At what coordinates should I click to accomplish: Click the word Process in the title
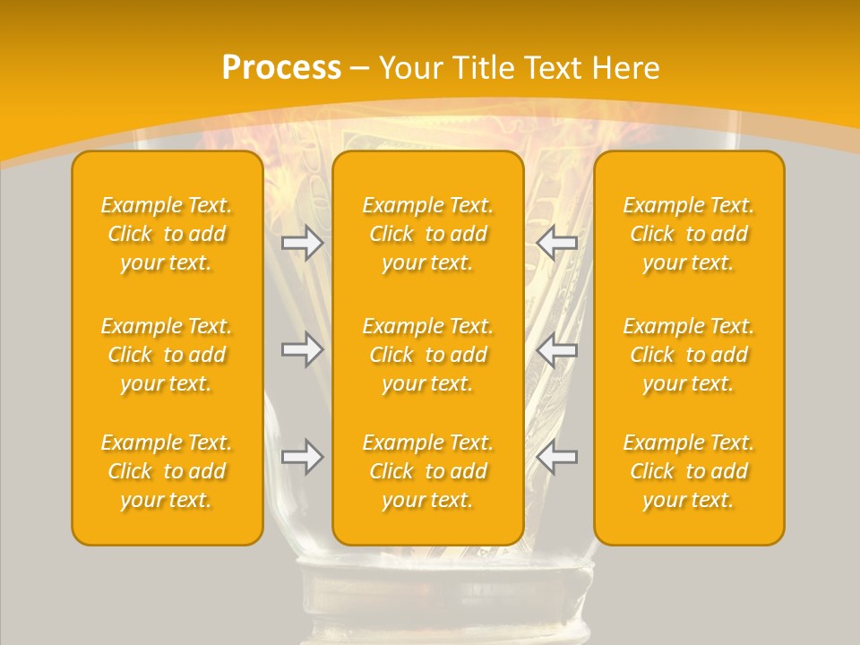click(x=281, y=68)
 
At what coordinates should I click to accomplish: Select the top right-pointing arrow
click(x=303, y=243)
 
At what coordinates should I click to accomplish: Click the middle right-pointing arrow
click(x=303, y=350)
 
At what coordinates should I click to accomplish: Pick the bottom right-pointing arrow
click(x=303, y=457)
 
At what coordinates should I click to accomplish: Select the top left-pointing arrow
click(x=557, y=243)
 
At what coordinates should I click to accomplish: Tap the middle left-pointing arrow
click(x=557, y=350)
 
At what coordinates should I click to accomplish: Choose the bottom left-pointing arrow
click(x=557, y=457)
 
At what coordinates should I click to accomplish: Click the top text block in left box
click(x=167, y=234)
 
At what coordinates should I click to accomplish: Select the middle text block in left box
click(x=167, y=355)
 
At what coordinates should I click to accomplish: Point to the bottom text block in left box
click(x=167, y=471)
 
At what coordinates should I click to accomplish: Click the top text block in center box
click(x=428, y=234)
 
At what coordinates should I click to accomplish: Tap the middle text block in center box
click(x=428, y=355)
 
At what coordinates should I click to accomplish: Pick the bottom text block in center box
click(x=428, y=471)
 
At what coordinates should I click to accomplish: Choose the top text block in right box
click(x=689, y=234)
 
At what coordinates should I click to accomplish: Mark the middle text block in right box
click(x=689, y=355)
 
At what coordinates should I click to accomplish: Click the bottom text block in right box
click(x=689, y=471)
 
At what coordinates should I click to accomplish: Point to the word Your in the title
click(x=408, y=68)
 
